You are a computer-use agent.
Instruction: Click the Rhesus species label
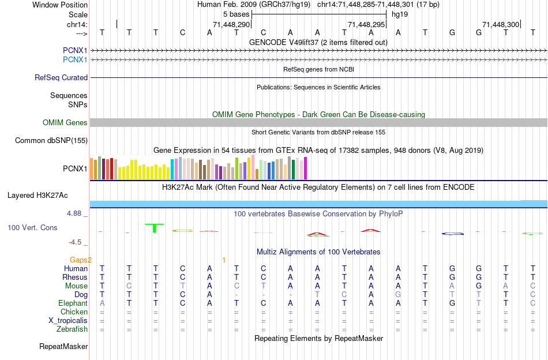74,277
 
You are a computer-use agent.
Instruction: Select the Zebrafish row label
72,329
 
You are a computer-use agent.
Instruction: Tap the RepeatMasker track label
63,346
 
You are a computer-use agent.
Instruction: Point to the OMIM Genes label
65,122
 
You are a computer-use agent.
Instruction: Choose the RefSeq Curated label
61,77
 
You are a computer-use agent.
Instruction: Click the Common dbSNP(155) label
51,140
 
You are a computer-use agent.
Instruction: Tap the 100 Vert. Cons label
32,227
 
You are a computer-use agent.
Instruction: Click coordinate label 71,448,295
367,24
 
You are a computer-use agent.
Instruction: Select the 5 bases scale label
236,14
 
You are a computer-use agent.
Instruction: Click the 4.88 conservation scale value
75,213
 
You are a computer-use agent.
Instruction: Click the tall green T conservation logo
155,227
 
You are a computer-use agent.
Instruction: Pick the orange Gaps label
81,260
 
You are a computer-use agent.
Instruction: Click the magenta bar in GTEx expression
305,168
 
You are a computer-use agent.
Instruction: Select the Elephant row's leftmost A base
102,303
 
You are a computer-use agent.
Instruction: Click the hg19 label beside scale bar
400,14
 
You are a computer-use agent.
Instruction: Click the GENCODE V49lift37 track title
318,42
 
